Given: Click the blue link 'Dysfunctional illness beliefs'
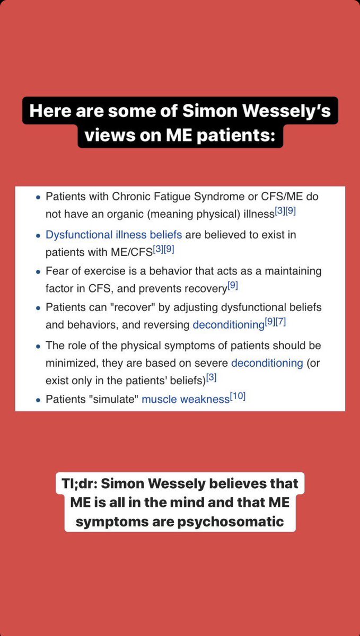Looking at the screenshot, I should [x=113, y=234].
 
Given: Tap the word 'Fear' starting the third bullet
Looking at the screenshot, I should [x=57, y=271].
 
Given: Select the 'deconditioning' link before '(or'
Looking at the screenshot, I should [x=266, y=362].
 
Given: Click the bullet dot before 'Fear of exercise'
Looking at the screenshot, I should [x=38, y=272].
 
